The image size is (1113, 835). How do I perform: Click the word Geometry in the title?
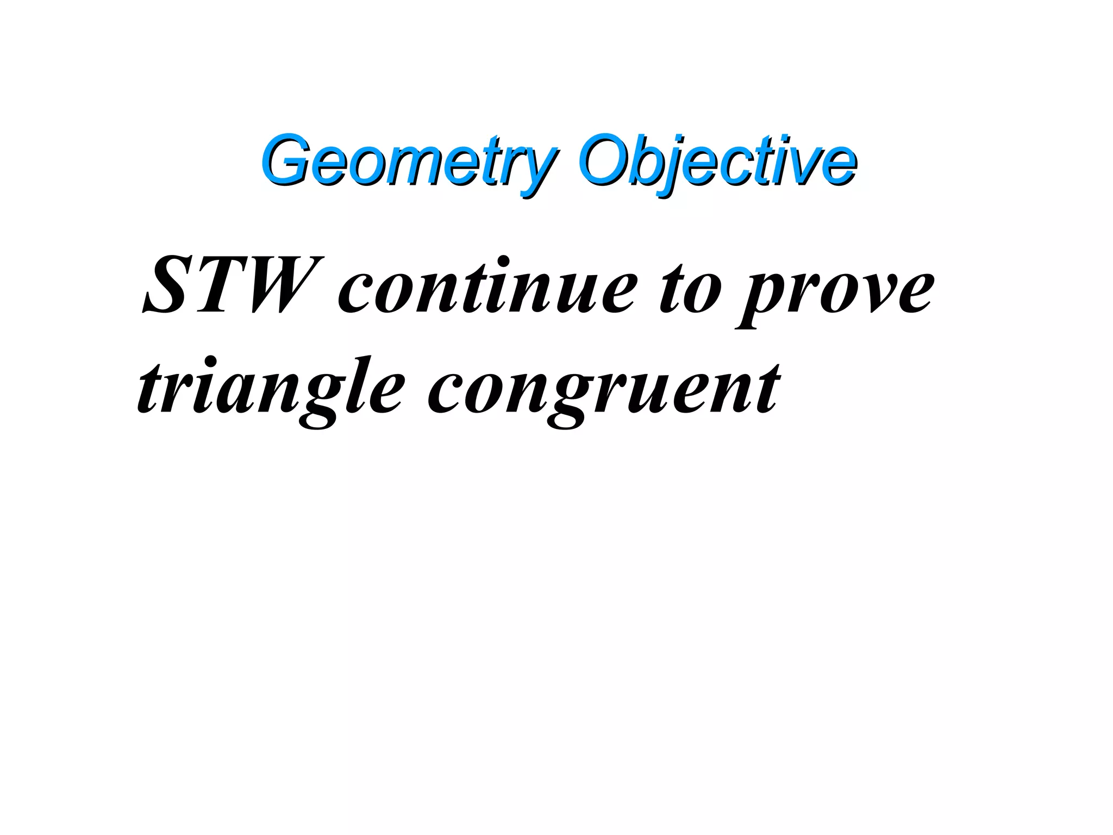[x=408, y=160]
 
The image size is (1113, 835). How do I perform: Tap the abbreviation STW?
[x=231, y=285]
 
